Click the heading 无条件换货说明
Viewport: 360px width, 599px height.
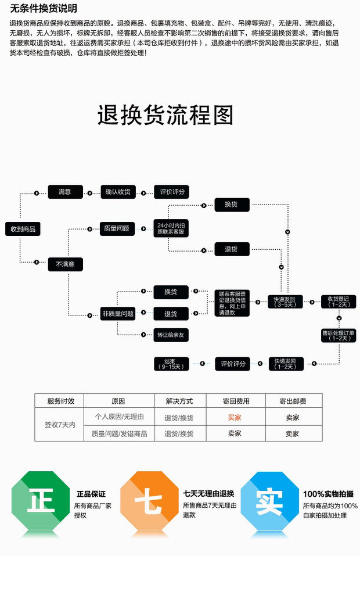click(44, 9)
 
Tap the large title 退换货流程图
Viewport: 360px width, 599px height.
click(165, 115)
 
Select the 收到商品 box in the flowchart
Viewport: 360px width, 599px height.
click(23, 229)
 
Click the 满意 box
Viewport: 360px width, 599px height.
click(64, 192)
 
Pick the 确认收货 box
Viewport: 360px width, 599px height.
click(118, 192)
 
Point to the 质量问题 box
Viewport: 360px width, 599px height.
click(117, 228)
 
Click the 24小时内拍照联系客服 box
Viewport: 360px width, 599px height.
click(171, 228)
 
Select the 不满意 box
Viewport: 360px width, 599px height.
click(65, 264)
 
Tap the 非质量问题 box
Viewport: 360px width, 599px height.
click(118, 314)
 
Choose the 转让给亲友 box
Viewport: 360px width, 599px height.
click(171, 335)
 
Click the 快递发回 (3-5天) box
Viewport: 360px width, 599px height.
click(285, 302)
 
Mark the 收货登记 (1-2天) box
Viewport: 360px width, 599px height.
click(339, 302)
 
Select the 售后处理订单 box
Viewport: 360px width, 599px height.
click(339, 335)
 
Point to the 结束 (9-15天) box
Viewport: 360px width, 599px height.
click(171, 364)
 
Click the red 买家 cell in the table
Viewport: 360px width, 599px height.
click(235, 417)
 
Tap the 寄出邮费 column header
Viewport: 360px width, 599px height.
click(293, 401)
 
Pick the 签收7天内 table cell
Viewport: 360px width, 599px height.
click(60, 425)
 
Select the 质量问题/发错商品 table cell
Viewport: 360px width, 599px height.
click(119, 433)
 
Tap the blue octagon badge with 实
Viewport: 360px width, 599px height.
click(269, 501)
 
